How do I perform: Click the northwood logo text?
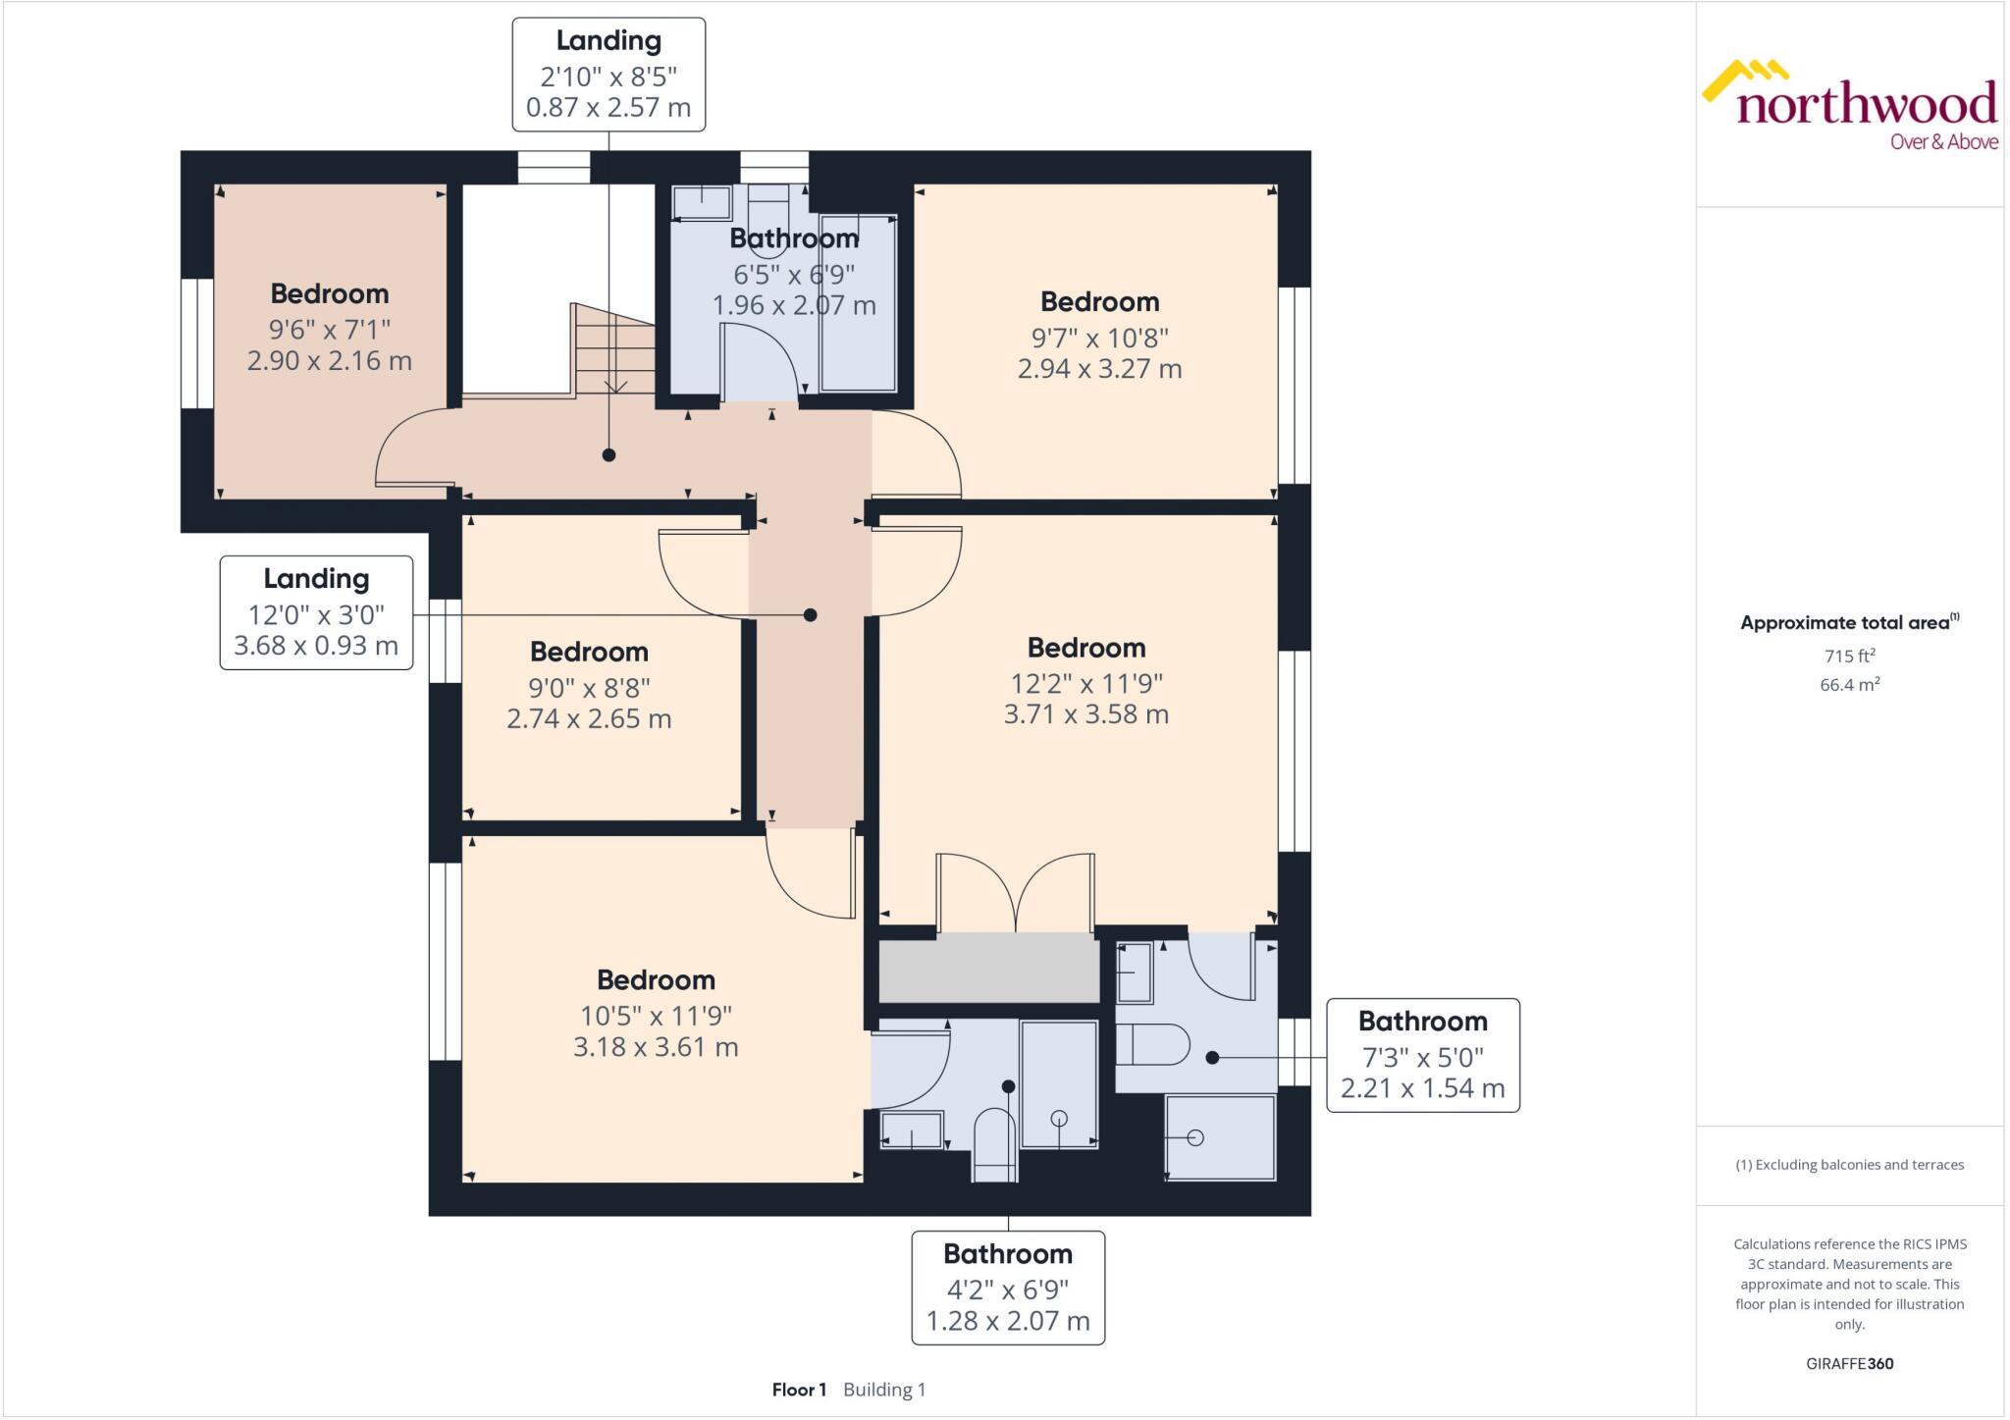[x=1865, y=104]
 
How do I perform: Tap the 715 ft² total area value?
[x=1849, y=656]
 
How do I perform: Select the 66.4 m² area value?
[x=1849, y=684]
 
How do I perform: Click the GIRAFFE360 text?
[x=1849, y=1363]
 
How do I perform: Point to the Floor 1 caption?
[x=799, y=1390]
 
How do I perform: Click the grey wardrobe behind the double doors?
[x=988, y=968]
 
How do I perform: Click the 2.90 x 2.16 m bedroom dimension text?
[x=329, y=361]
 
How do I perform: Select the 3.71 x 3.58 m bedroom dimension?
[x=1085, y=714]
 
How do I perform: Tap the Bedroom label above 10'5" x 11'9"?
[x=656, y=979]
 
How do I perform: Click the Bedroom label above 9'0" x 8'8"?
[x=589, y=652]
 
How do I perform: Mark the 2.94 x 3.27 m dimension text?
[x=1099, y=369]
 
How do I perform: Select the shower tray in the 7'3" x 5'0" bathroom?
[x=1220, y=1137]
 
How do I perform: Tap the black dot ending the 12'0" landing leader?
[x=810, y=615]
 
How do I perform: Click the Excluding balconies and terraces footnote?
[x=1849, y=1165]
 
